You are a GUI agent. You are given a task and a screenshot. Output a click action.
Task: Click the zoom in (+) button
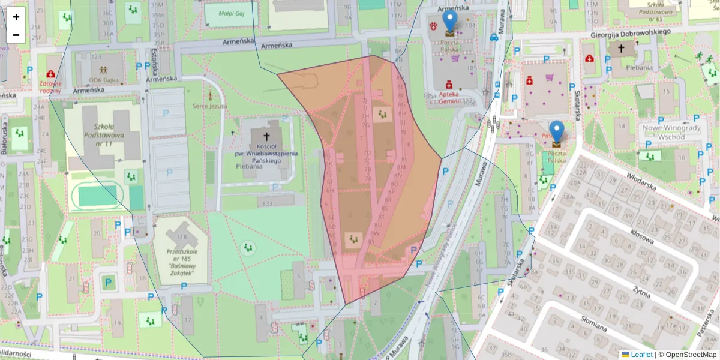click(x=16, y=17)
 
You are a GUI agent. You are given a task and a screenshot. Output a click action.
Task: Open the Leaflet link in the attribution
click(x=637, y=355)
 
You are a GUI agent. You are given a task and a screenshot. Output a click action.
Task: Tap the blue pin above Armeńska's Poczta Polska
click(x=449, y=22)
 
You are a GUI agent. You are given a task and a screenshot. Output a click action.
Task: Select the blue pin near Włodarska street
click(x=557, y=133)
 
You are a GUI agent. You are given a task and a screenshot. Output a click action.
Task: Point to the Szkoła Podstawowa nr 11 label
click(x=104, y=135)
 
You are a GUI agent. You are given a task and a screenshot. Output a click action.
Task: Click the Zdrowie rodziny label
click(x=50, y=87)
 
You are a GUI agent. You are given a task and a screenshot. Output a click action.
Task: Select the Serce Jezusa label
click(x=209, y=106)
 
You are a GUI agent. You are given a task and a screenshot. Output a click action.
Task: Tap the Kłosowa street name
click(x=641, y=235)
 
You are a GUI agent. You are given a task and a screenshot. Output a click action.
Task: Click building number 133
click(x=268, y=204)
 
